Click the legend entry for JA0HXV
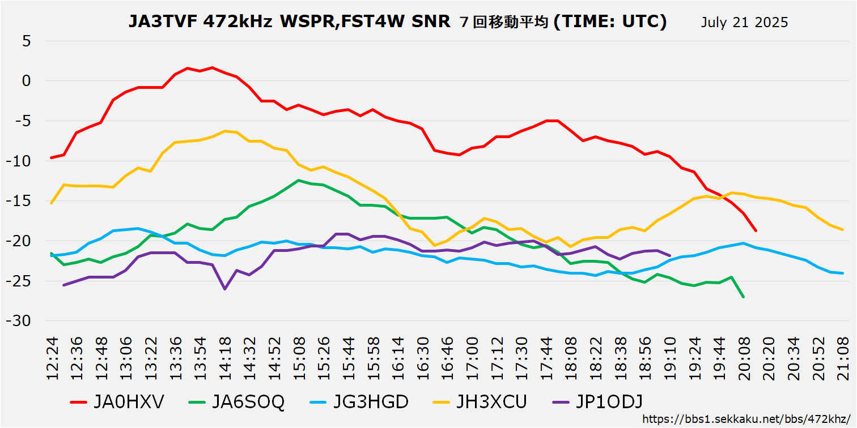pos(118,402)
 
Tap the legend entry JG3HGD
pos(359,402)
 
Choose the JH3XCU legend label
pos(480,402)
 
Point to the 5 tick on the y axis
pos(27,41)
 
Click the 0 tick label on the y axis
pos(27,81)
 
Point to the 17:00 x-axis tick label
pos(473,358)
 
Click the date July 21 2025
pos(744,23)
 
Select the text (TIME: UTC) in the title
pos(610,22)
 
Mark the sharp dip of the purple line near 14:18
pos(225,289)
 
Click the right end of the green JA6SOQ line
pos(743,297)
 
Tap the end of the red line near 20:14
pos(756,230)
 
